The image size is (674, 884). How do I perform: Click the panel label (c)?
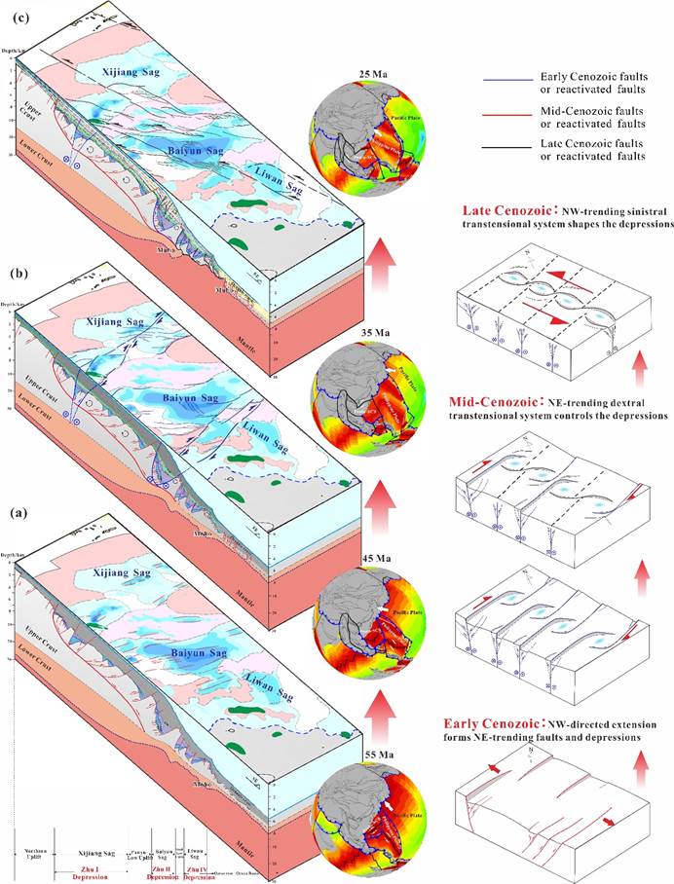click(x=14, y=11)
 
